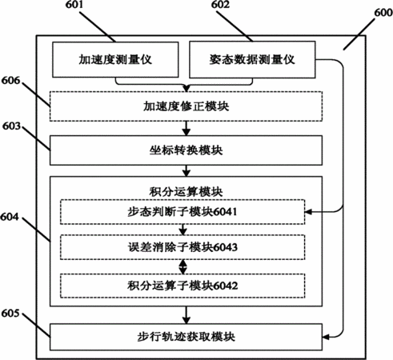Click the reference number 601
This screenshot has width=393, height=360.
(x=74, y=4)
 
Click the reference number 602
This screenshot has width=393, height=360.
(x=220, y=4)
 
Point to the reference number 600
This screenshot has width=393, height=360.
(x=383, y=13)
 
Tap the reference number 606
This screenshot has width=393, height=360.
(x=10, y=80)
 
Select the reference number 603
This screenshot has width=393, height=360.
(x=11, y=126)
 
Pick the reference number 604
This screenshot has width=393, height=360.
(x=10, y=217)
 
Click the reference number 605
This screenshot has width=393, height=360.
(x=10, y=313)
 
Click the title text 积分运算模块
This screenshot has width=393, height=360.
(x=186, y=192)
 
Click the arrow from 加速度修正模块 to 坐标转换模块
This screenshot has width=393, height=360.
(x=186, y=128)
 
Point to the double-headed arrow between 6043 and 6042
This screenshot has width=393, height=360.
(x=182, y=266)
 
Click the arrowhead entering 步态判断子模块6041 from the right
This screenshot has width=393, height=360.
(x=308, y=212)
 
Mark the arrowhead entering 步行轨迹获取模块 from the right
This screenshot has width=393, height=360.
(x=326, y=337)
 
